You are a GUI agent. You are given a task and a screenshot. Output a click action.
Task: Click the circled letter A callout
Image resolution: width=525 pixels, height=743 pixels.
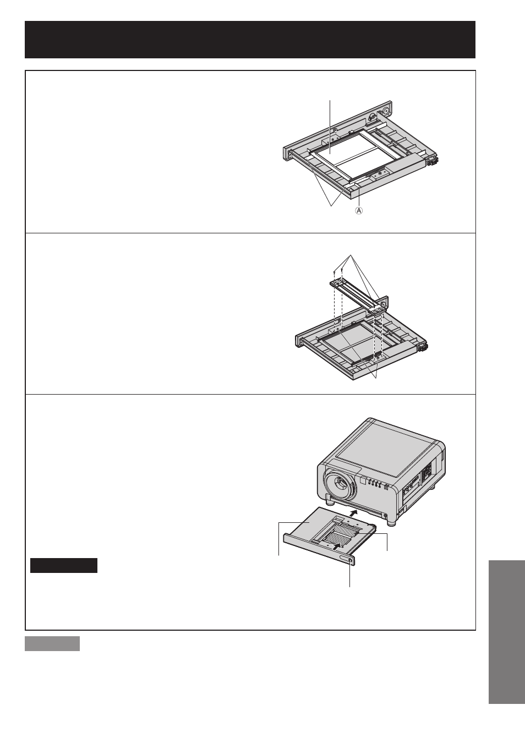pyautogui.click(x=359, y=210)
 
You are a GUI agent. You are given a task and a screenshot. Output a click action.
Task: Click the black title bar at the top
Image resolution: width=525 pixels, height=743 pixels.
pyautogui.click(x=250, y=40)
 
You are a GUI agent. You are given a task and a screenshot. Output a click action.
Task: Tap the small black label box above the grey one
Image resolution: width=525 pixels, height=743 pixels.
pyautogui.click(x=64, y=565)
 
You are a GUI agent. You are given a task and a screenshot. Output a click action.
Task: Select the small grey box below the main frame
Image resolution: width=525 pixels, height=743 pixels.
pyautogui.click(x=52, y=643)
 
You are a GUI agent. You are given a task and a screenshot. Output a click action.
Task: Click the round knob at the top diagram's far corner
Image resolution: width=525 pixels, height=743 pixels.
pyautogui.click(x=386, y=110)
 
